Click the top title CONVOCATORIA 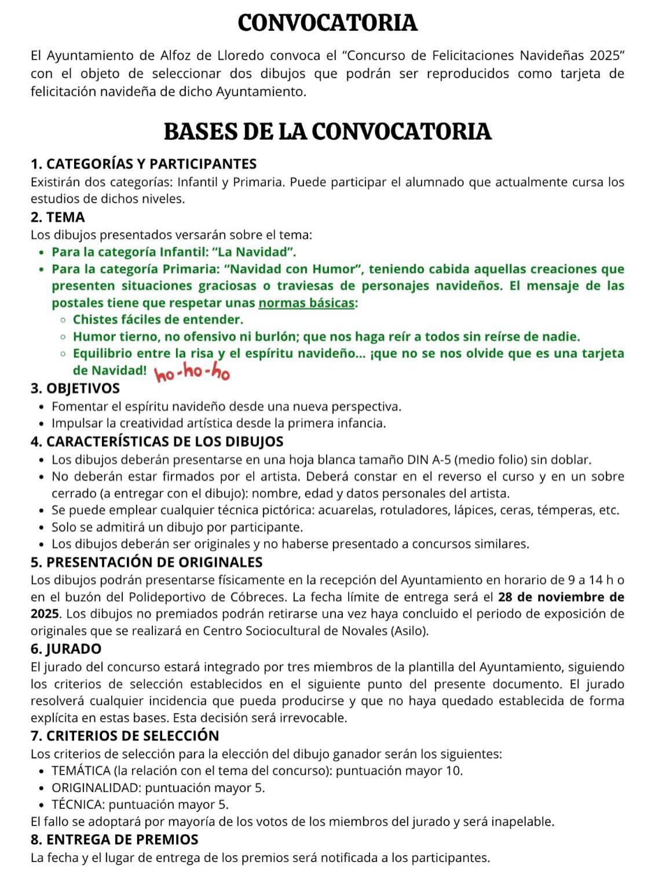[327, 23]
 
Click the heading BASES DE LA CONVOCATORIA [327, 131]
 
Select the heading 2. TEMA [57, 217]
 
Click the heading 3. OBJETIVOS [75, 388]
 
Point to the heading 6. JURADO [65, 648]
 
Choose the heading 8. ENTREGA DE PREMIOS [114, 839]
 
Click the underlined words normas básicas [306, 303]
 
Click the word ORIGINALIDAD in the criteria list [96, 787]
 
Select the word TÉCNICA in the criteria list [78, 804]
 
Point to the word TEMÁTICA [80, 771]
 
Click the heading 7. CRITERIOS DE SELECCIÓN [125, 736]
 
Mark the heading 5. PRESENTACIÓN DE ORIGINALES [146, 562]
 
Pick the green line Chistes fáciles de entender [158, 320]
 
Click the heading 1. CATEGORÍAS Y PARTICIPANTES [143, 164]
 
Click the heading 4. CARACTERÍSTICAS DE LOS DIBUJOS [156, 441]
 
